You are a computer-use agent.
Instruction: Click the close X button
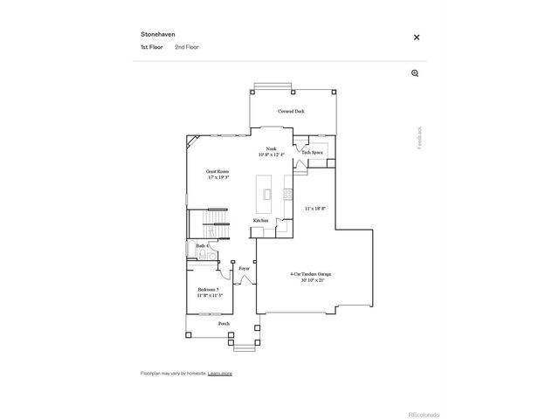click(417, 38)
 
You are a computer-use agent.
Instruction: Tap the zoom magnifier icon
click(415, 73)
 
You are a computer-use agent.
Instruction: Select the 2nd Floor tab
click(187, 46)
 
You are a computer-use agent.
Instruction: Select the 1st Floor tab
click(152, 46)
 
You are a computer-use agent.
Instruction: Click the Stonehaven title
click(158, 34)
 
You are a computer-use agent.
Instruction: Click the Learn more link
click(220, 373)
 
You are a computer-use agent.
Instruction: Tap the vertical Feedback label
click(418, 137)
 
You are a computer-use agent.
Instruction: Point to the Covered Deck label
click(291, 112)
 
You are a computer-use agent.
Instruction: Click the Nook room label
click(271, 149)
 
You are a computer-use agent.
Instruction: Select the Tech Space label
click(312, 153)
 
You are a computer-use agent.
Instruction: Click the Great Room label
click(217, 172)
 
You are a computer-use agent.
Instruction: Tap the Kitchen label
click(260, 221)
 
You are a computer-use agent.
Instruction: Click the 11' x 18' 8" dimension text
click(316, 209)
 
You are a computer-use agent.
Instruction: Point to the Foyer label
click(245, 268)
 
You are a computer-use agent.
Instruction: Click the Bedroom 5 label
click(208, 290)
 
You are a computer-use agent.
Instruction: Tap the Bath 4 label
click(201, 247)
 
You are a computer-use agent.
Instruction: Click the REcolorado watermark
click(424, 414)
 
